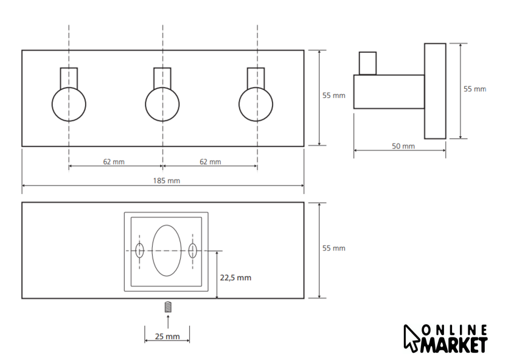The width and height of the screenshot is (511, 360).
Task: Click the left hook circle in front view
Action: pos(69,104)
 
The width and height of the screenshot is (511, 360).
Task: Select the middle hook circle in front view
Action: pos(162,104)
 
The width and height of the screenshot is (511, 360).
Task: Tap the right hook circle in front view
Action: pos(255,104)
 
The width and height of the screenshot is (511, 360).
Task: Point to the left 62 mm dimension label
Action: pos(114,161)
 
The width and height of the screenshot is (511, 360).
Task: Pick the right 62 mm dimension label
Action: pos(210,161)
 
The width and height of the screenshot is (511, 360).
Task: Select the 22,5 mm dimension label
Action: pos(236,277)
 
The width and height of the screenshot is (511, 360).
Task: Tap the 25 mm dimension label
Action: pos(167,336)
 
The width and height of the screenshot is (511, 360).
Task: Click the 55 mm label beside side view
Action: pos(474,89)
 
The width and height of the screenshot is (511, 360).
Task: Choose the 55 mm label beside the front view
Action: pos(333,95)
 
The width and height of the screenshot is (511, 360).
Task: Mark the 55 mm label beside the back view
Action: pos(333,248)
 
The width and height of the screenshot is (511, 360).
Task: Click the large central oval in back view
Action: pos(166,250)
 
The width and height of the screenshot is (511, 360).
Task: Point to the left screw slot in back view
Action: pos(139,250)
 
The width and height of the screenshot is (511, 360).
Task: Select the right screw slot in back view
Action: pos(193,250)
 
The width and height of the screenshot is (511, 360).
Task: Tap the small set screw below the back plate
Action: pos(167,307)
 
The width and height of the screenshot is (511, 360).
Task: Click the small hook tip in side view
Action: pos(367,63)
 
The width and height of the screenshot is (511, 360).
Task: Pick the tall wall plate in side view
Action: pos(435,91)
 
